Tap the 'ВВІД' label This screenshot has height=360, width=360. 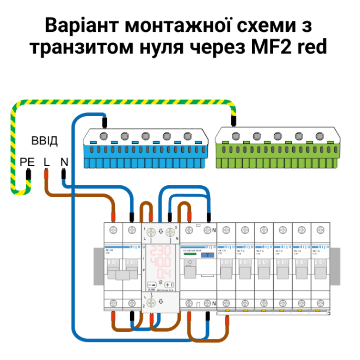point(44,141)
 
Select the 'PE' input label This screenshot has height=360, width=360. point(28,162)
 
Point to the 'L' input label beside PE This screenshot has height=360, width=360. point(46,162)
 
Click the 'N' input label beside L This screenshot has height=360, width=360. point(64,162)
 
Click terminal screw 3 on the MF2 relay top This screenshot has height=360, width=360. point(170,233)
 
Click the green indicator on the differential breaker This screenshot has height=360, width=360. point(190,254)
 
